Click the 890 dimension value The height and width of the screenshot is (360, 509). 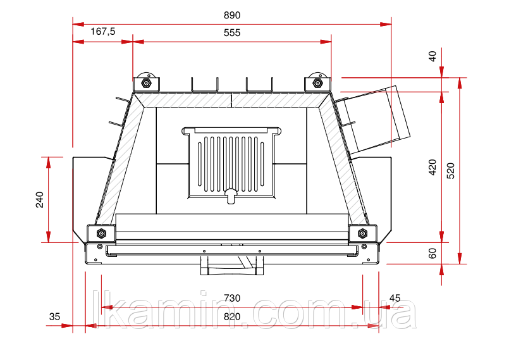coord(232,15)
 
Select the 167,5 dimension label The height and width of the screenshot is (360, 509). coord(102,32)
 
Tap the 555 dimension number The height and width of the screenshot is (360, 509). coord(232,33)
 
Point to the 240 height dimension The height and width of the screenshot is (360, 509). coord(40,199)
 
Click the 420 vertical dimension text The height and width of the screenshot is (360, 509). coord(432,167)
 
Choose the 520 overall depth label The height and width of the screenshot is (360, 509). coord(451,171)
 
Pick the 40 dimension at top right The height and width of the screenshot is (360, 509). coord(432,56)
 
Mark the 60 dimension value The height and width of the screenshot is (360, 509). coord(432,253)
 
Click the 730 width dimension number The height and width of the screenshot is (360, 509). coord(232,298)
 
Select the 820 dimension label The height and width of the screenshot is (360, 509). coord(232,317)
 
